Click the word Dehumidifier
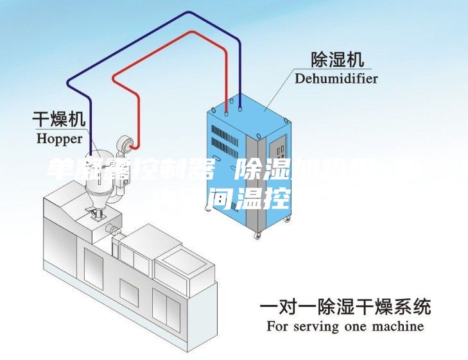[336, 79]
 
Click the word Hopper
[59, 138]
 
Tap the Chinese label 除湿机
[336, 60]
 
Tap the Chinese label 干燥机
[59, 119]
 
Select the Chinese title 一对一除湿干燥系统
[345, 306]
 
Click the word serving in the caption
[315, 326]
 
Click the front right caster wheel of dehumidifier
[259, 237]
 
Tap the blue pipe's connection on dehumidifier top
[240, 107]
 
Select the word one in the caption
[353, 326]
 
